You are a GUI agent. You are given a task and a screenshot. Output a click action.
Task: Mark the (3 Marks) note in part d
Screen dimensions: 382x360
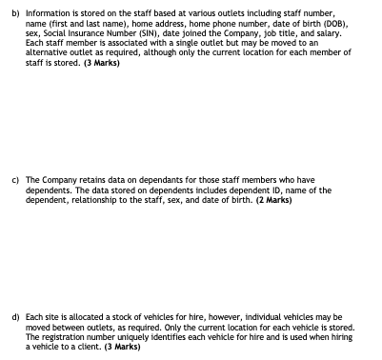click(120, 347)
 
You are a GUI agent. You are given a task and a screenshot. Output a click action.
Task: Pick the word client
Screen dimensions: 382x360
click(76, 347)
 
